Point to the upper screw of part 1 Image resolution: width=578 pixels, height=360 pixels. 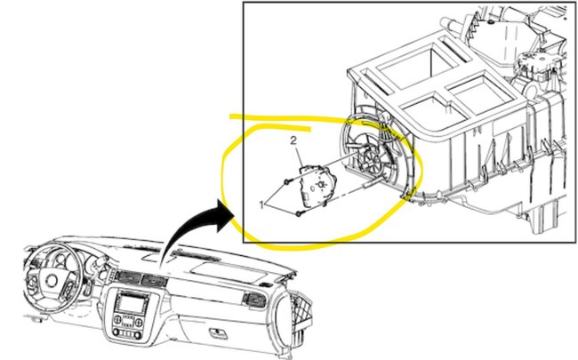[x=286, y=181]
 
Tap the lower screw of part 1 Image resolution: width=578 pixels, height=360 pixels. [x=300, y=214]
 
